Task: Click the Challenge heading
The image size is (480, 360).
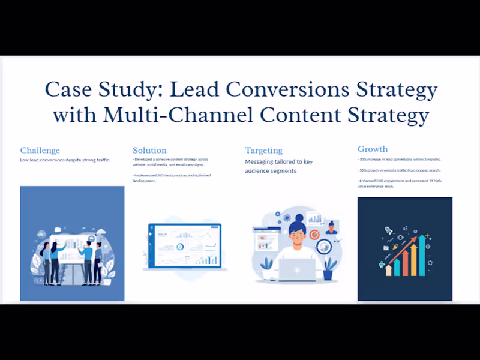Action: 40,150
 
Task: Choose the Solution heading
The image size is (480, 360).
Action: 149,150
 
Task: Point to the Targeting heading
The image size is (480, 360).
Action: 263,150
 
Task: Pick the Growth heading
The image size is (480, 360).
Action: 373,149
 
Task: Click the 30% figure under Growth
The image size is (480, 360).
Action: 363,160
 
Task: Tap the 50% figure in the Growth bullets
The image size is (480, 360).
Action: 363,170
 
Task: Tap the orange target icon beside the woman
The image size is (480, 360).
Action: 314,233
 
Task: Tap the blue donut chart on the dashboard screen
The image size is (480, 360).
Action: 179,247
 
